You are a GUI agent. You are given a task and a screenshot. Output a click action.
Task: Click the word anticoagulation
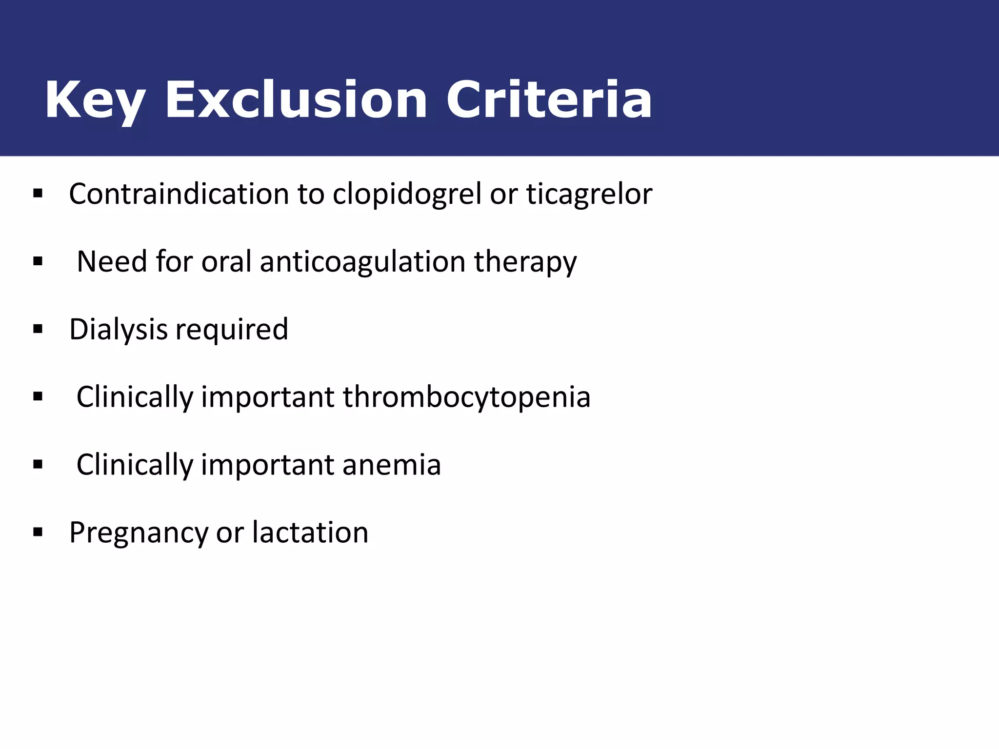(363, 262)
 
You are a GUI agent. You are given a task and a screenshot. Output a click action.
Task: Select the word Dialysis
(118, 330)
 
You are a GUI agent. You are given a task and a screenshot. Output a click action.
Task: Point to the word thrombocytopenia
(466, 397)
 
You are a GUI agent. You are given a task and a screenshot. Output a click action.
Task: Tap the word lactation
(310, 532)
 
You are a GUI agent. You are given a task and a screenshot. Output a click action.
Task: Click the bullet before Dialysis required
(38, 330)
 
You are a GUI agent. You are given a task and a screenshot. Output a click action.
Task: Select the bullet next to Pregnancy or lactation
(38, 532)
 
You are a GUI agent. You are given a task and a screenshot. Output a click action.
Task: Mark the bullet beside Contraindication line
(38, 194)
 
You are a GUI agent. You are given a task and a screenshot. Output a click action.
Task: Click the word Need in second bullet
(112, 262)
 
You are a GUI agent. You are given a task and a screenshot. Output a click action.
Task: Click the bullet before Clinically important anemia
(38, 465)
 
